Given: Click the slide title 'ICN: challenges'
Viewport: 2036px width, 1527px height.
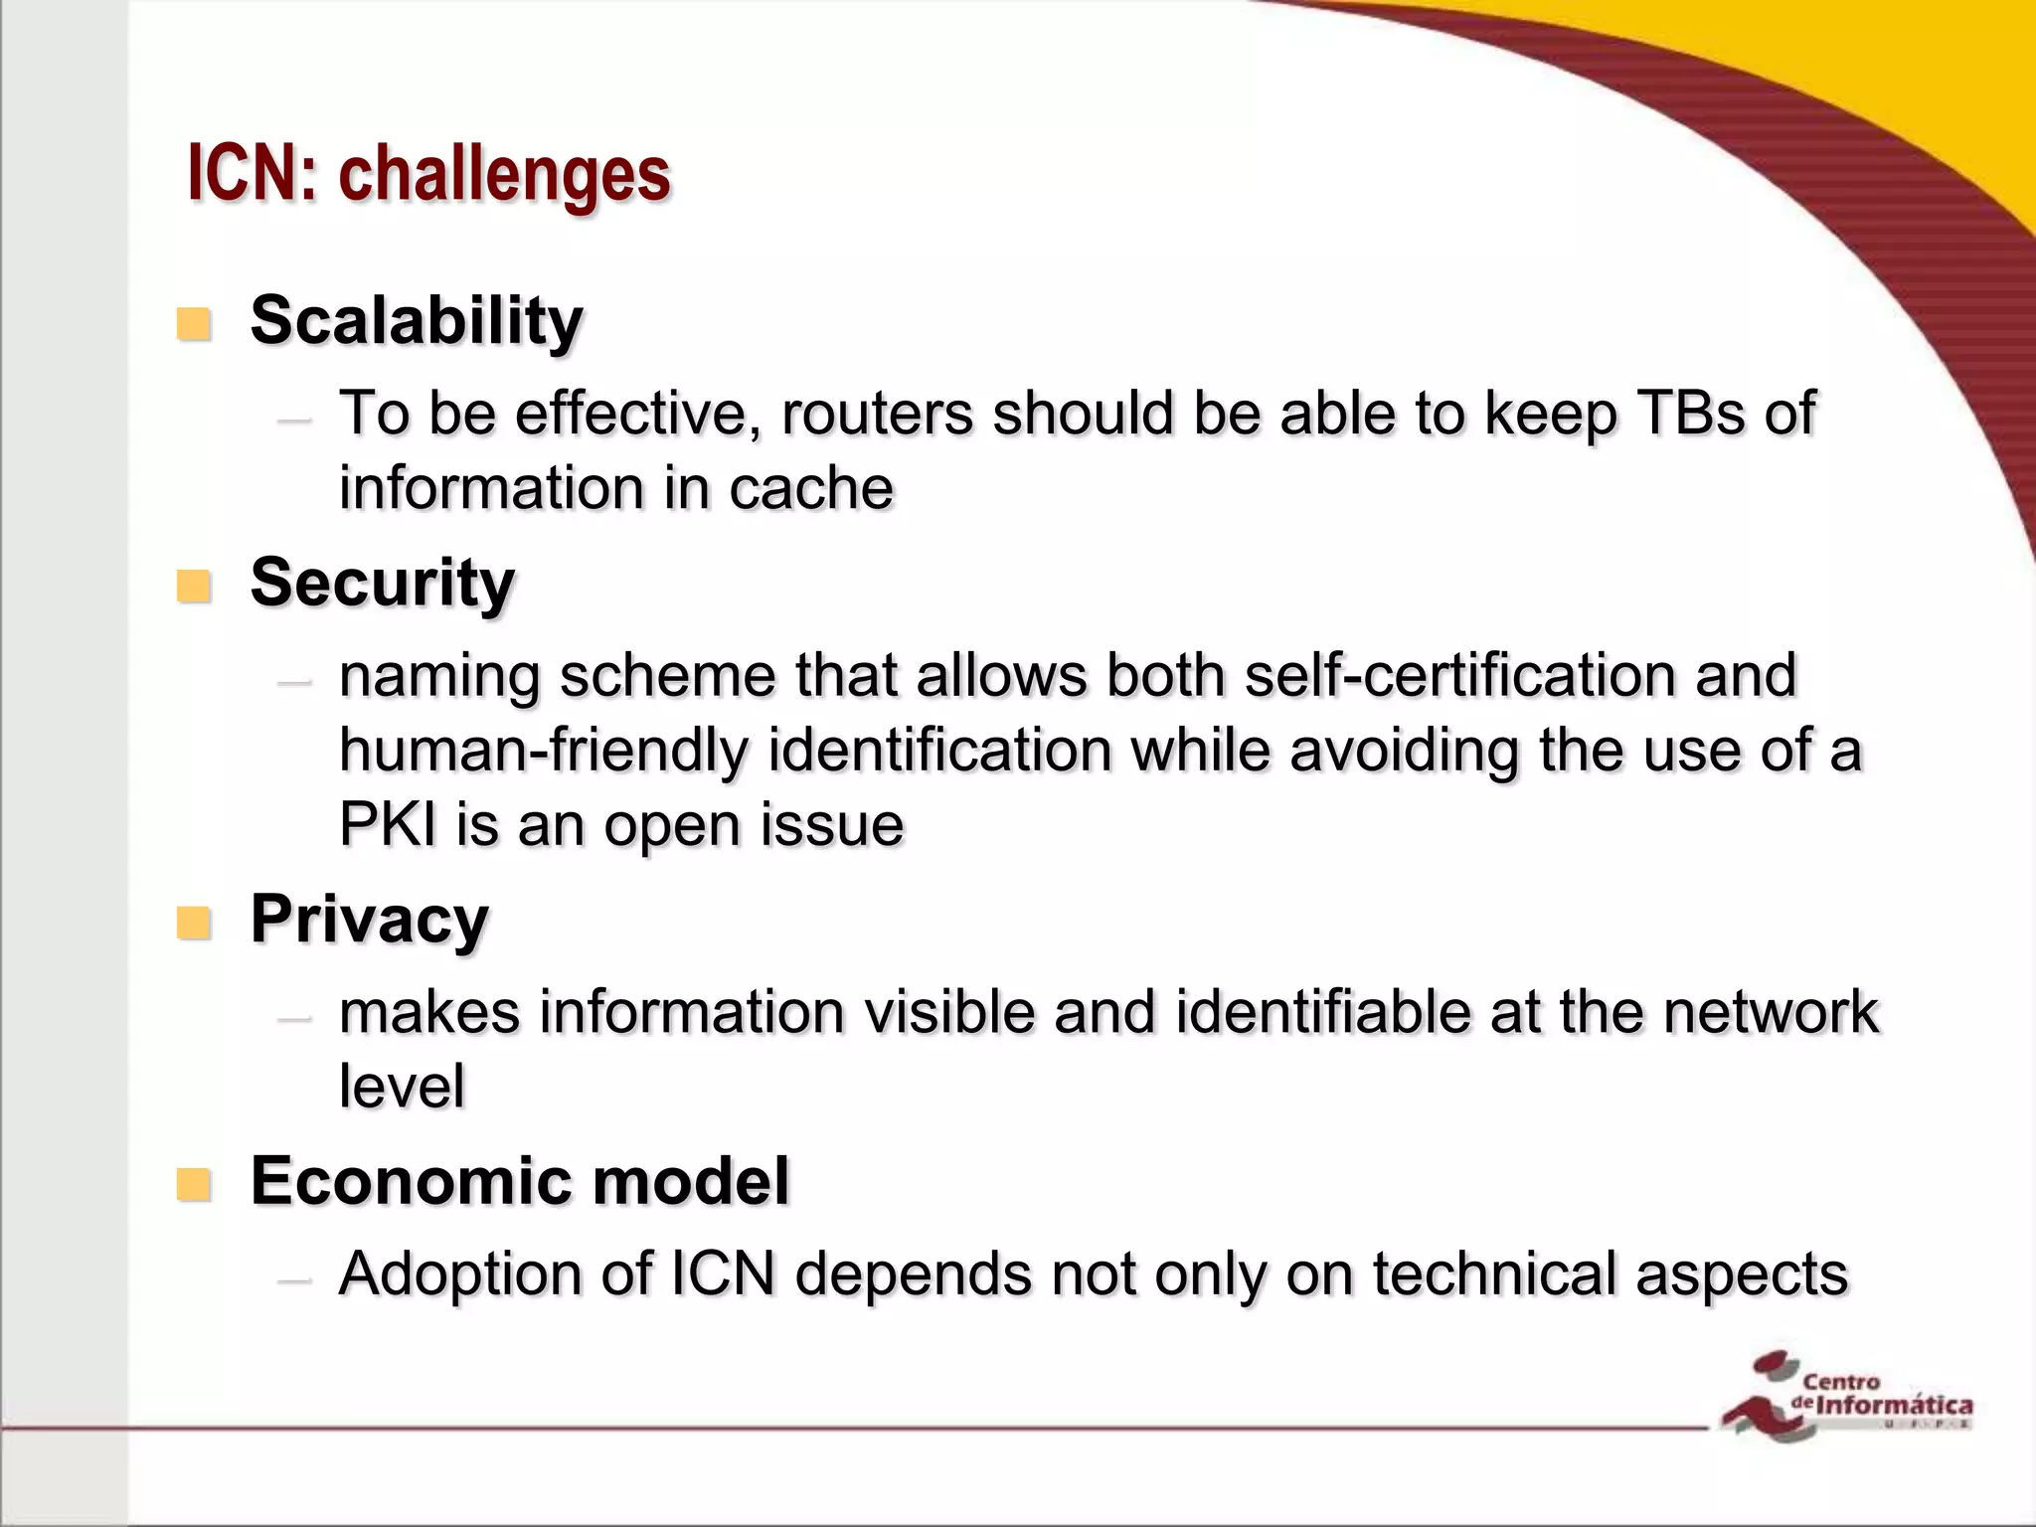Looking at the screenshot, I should (428, 174).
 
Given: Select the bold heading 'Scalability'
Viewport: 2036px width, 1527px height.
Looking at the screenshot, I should (416, 321).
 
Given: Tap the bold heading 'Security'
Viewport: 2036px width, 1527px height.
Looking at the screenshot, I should (382, 583).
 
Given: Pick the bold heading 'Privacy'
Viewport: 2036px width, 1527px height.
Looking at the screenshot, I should (369, 920).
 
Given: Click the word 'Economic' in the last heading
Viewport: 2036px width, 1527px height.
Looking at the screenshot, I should (409, 1181).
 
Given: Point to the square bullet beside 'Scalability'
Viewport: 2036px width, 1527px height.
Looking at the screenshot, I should (194, 325).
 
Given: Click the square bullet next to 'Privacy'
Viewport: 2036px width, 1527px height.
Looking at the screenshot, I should (194, 924).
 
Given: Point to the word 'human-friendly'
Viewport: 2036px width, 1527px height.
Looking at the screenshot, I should (543, 750).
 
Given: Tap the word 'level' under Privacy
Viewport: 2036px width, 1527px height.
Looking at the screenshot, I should (402, 1086).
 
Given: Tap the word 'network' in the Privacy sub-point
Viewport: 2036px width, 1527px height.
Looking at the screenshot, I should (1771, 1012).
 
